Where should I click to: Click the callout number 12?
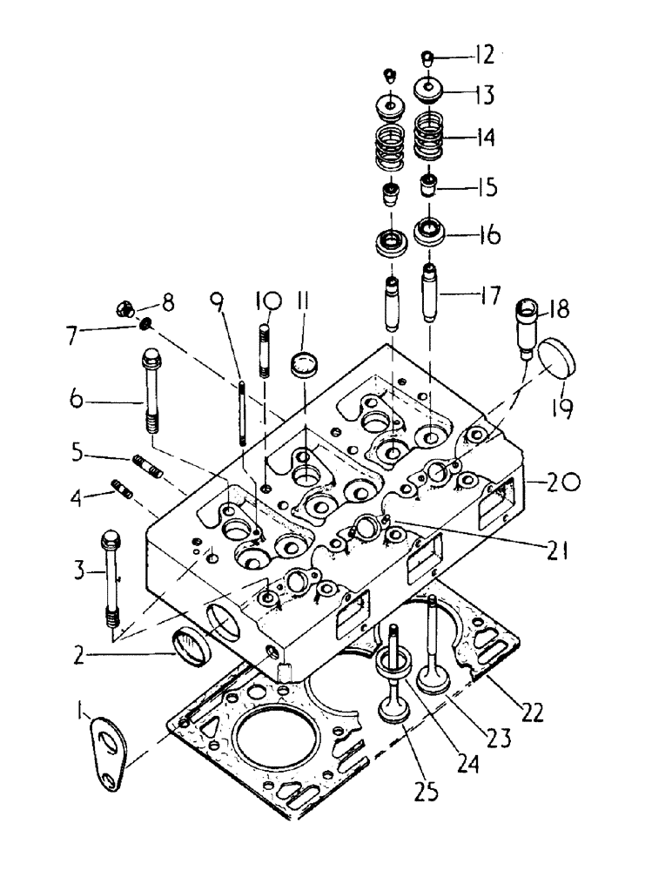(x=484, y=56)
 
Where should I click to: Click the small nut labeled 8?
(x=126, y=307)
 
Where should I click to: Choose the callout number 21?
(x=557, y=550)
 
